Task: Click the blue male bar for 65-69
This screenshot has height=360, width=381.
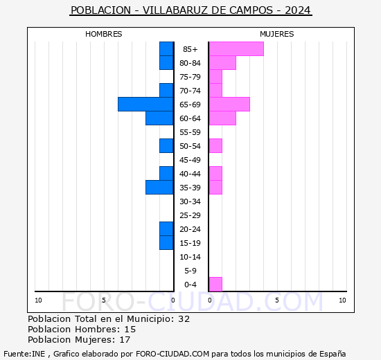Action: [x=145, y=105]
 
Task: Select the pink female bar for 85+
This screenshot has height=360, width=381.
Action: [x=236, y=48]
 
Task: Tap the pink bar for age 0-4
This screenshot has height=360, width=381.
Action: [x=215, y=284]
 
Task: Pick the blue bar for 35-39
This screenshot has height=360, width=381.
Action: [x=159, y=188]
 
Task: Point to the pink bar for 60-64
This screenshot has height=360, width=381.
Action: [x=222, y=118]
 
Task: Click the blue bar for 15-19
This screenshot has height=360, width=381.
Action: [x=166, y=242]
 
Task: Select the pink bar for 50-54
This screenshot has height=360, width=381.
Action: [x=215, y=145]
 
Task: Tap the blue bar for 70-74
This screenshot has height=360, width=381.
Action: [x=166, y=91]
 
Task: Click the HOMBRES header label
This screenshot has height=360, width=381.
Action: [x=104, y=34]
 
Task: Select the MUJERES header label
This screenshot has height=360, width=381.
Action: [x=277, y=34]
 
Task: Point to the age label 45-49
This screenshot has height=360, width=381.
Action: [x=190, y=160]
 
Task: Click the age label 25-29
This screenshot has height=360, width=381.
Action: [x=190, y=215]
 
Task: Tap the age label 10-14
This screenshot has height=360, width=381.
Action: [x=190, y=257]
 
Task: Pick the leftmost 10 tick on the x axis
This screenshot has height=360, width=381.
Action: [x=38, y=300]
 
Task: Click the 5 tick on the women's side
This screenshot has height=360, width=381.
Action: [x=276, y=300]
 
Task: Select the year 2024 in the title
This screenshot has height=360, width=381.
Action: [x=298, y=10]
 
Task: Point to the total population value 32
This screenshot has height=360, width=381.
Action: [x=184, y=319]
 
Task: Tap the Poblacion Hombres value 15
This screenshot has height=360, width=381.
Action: [x=130, y=330]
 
